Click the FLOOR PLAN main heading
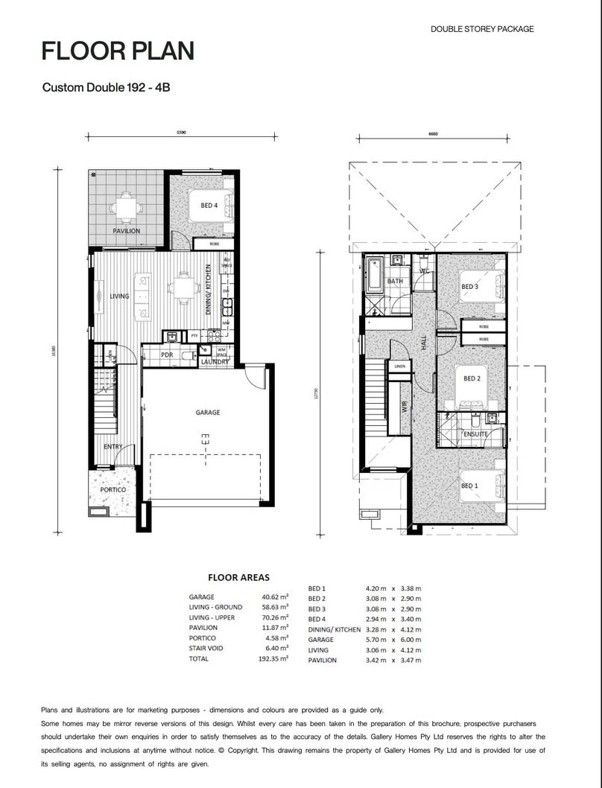(x=118, y=51)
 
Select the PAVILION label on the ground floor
(x=126, y=232)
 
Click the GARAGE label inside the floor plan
(x=207, y=413)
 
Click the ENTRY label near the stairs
(x=113, y=447)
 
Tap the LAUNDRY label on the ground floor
(x=215, y=363)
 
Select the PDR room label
(x=167, y=355)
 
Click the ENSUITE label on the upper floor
(x=475, y=433)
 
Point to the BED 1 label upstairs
(x=469, y=486)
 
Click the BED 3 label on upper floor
(x=469, y=287)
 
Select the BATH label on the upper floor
(x=395, y=282)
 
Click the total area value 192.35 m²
(x=273, y=659)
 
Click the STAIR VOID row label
(x=209, y=649)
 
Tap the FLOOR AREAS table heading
(x=238, y=577)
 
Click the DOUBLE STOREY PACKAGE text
(x=482, y=29)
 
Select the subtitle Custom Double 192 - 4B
(x=107, y=88)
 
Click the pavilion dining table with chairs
(x=126, y=206)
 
